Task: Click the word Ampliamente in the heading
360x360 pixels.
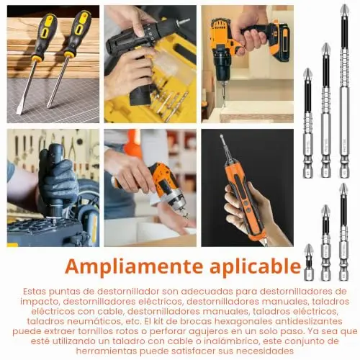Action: pos(134,266)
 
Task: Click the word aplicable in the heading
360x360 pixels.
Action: pos(256,266)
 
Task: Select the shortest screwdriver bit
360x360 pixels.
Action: pos(309,262)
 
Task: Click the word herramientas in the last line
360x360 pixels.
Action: pos(106,351)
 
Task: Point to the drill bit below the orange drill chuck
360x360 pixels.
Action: pos(224,94)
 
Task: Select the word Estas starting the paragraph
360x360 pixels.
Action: pos(34,292)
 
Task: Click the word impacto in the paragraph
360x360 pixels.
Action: pos(39,302)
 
